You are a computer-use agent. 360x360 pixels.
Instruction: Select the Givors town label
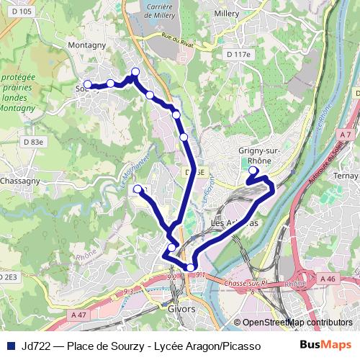tap(183, 309)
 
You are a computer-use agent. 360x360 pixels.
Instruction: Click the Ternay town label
tap(347, 175)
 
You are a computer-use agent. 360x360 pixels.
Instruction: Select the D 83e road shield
tap(33, 143)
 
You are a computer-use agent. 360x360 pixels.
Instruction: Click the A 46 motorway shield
tap(328, 278)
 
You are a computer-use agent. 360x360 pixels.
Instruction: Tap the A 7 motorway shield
tap(346, 135)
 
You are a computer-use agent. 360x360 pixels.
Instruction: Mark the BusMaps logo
tap(326, 345)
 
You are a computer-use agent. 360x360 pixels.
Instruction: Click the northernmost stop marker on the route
tap(135, 71)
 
